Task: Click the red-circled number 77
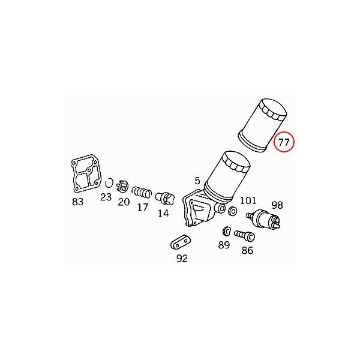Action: tap(284, 143)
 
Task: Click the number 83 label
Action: tap(78, 202)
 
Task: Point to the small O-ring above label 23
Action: tap(109, 183)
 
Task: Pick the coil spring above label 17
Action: tap(142, 192)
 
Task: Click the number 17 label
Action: tap(142, 208)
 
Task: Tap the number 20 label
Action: tap(124, 202)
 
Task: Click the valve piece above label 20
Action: tap(122, 187)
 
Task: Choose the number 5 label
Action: tap(197, 181)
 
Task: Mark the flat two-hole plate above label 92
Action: tap(179, 243)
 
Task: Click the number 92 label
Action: tap(182, 259)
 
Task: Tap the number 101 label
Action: tap(248, 200)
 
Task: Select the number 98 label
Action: tap(277, 204)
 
